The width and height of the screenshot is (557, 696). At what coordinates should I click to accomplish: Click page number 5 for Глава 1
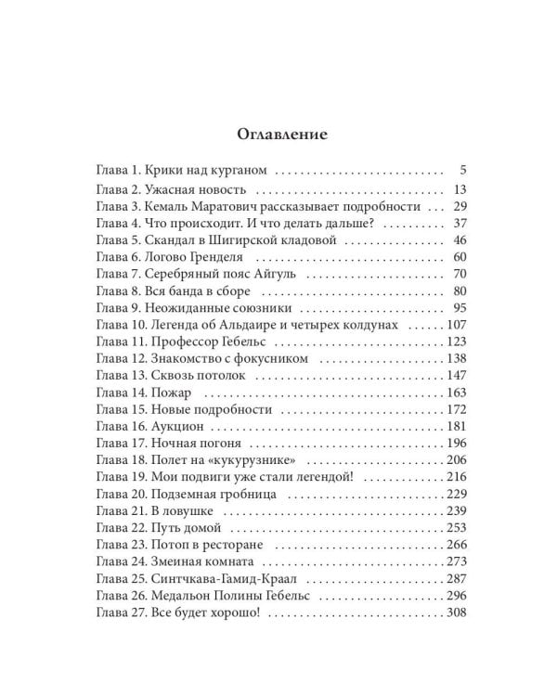[x=461, y=171]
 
